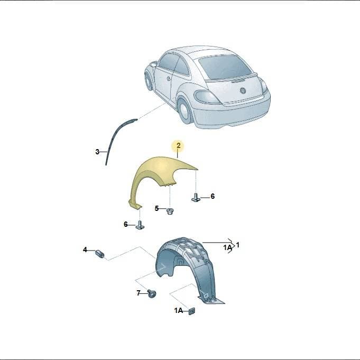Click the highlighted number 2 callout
(178, 145)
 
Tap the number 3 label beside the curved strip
(97, 152)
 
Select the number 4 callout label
(85, 250)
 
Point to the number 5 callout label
(156, 208)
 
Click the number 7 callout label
(139, 293)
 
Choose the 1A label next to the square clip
(178, 310)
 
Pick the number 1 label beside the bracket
(238, 245)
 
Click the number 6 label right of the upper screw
(213, 196)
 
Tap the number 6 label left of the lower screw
(126, 224)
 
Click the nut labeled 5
(170, 211)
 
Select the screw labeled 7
(152, 293)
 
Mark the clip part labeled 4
(100, 254)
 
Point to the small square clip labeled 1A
(191, 311)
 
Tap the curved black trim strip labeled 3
(114, 137)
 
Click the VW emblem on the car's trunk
(243, 90)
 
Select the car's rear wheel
(185, 111)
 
